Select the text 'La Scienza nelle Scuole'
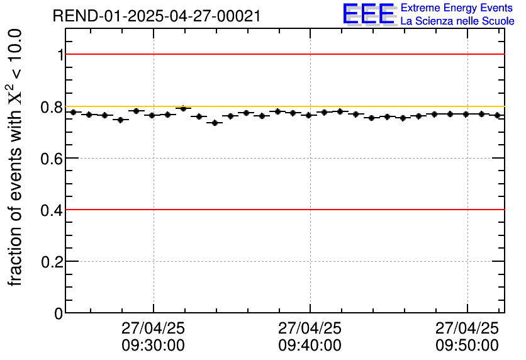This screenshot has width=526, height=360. (x=457, y=21)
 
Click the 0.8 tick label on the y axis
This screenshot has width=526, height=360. (x=52, y=107)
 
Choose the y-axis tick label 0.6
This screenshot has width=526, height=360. (x=52, y=158)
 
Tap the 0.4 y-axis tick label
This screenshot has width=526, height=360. (x=52, y=210)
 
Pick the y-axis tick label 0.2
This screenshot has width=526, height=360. (x=52, y=261)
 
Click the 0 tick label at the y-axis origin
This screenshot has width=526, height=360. (x=59, y=313)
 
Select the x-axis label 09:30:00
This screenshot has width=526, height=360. (x=153, y=346)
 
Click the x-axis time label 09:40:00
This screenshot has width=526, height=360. (x=310, y=346)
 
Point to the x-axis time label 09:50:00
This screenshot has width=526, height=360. (x=467, y=346)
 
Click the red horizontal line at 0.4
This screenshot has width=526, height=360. (x=283, y=210)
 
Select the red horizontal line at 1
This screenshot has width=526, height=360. (x=283, y=55)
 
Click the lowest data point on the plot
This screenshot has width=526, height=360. (x=215, y=123)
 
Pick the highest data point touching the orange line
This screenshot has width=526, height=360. (x=183, y=108)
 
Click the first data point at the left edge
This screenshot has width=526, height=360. (x=73, y=112)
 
